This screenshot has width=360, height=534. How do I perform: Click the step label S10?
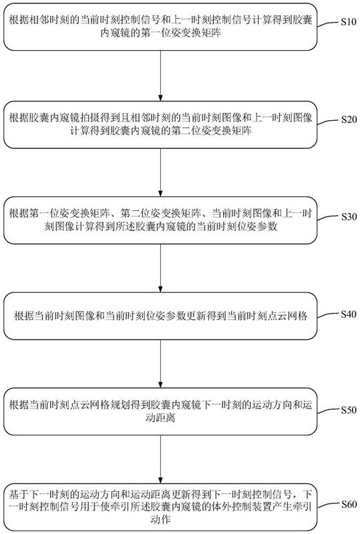click(x=349, y=22)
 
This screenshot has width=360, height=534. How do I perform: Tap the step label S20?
click(x=349, y=119)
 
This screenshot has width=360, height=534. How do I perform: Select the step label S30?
click(x=349, y=216)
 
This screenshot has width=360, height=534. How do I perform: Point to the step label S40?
click(x=349, y=314)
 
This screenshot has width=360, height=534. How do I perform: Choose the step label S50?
click(x=349, y=410)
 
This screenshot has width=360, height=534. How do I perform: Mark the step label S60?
click(x=349, y=505)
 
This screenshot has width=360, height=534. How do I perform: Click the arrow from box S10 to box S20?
click(x=160, y=75)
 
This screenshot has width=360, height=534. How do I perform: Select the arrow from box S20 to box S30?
click(x=160, y=172)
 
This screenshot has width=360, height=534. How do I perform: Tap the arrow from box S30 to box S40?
click(x=160, y=268)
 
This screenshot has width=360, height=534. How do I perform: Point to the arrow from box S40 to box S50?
click(x=160, y=364)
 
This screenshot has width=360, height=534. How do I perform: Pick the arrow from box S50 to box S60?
click(x=160, y=459)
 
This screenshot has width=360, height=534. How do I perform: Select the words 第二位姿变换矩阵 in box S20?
click(x=212, y=131)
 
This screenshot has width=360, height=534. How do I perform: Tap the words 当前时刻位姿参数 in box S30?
click(x=237, y=226)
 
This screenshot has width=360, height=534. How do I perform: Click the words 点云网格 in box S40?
click(x=287, y=316)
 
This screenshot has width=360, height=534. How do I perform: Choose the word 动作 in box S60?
click(x=160, y=519)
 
